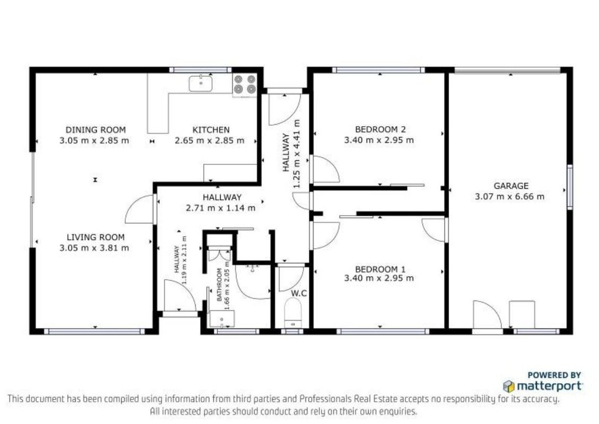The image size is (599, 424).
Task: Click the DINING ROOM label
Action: tap(96, 130)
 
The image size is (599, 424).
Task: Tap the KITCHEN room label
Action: tap(211, 130)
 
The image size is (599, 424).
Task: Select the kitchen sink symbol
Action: tap(201, 84)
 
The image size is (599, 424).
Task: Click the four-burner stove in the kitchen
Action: tap(245, 84)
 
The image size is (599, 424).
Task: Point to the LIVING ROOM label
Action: tap(96, 237)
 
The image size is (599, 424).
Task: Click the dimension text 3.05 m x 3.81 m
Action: tap(94, 248)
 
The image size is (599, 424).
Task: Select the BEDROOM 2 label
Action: tap(380, 130)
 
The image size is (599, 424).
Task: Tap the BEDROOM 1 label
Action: tap(380, 269)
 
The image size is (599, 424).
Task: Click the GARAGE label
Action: tap(511, 186)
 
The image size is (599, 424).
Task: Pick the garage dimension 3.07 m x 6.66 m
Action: tap(510, 197)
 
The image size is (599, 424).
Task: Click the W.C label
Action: tap(299, 294)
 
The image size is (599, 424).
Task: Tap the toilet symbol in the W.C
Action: tap(293, 312)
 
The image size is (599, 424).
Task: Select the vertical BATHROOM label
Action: tap(220, 285)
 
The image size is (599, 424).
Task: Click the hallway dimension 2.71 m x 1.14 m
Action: tap(221, 208)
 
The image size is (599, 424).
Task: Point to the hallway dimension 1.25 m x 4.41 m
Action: tap(297, 154)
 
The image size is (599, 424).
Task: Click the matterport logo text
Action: tap(549, 386)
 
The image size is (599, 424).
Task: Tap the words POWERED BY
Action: tap(554, 375)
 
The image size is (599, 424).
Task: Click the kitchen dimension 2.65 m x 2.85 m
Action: tap(210, 141)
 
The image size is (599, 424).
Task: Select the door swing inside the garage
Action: tap(487, 315)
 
